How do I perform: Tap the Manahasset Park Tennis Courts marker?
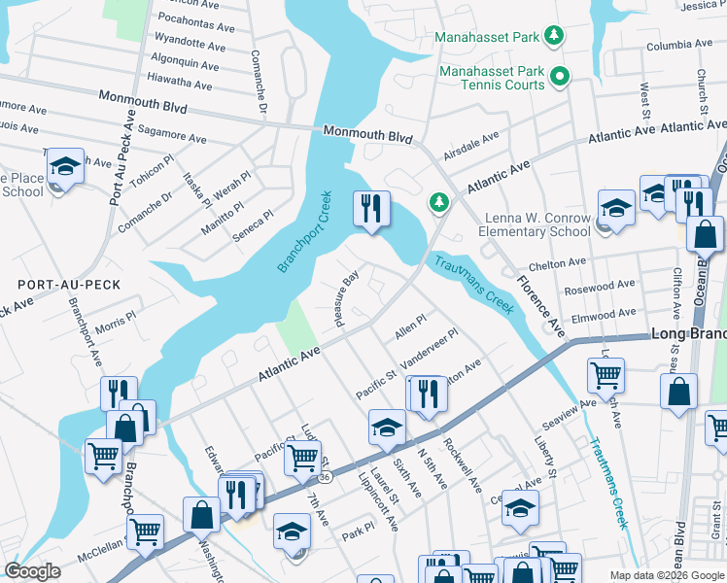point(560,75)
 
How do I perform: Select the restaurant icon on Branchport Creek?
point(371,208)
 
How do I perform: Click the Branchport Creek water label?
point(304,232)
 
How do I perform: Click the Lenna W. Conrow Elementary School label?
point(534,223)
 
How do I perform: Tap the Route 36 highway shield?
point(323,476)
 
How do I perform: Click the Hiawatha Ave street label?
point(176,86)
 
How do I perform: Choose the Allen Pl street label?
point(410,326)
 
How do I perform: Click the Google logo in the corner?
point(33,571)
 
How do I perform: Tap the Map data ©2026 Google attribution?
point(666,575)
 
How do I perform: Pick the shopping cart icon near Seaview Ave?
point(606,373)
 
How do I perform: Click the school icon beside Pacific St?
point(387,427)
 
